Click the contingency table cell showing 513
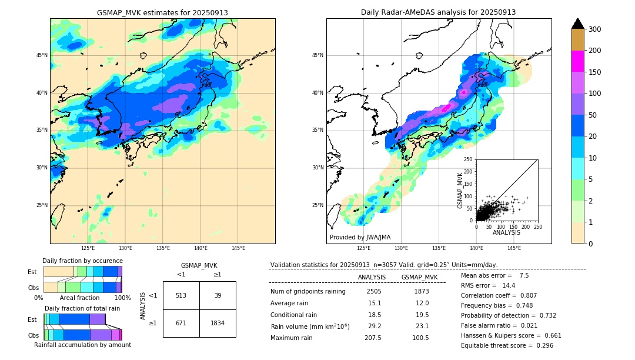tap(181, 295)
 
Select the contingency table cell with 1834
tap(218, 323)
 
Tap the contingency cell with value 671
tap(181, 323)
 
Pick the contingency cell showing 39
tap(218, 295)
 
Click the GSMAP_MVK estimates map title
tap(162, 12)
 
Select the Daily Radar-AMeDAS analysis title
tap(438, 12)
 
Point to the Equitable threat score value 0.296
tap(539, 345)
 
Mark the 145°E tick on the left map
tap(238, 249)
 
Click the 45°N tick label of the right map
tap(317, 56)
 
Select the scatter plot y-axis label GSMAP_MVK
tap(460, 190)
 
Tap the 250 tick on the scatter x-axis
tap(537, 226)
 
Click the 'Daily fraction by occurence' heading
tap(82, 261)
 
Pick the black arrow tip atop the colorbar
tap(578, 22)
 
